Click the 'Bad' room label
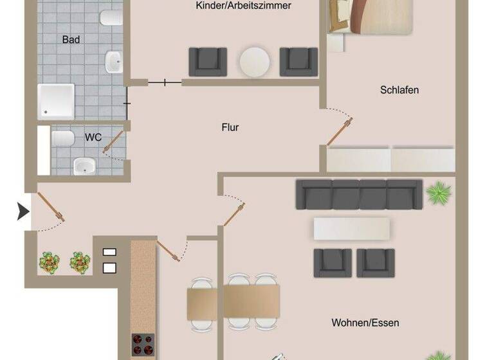(71, 40)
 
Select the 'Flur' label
(230, 127)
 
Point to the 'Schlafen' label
(399, 90)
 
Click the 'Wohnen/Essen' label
(365, 322)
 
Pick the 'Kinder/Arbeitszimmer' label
(244, 6)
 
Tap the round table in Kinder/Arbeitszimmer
(255, 62)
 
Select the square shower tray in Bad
(57, 101)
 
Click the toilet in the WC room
(64, 138)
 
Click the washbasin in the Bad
(113, 62)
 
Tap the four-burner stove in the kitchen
(143, 345)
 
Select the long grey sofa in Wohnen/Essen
(359, 194)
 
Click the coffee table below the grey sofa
(351, 228)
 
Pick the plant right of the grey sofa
(439, 193)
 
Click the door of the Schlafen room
(339, 131)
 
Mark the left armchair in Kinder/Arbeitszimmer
(207, 62)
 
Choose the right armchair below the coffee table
(375, 262)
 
